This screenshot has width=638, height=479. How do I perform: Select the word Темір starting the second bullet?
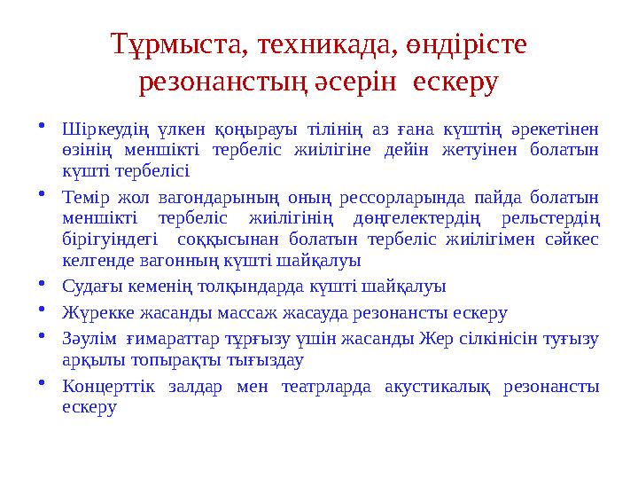tap(86, 195)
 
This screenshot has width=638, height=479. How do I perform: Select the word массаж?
tap(254, 312)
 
